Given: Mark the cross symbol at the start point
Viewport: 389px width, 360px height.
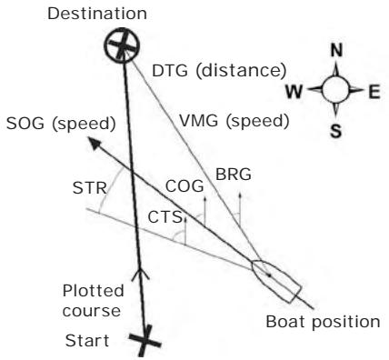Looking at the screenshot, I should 144,342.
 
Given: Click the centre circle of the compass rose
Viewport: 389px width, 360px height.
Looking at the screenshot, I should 334,91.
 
